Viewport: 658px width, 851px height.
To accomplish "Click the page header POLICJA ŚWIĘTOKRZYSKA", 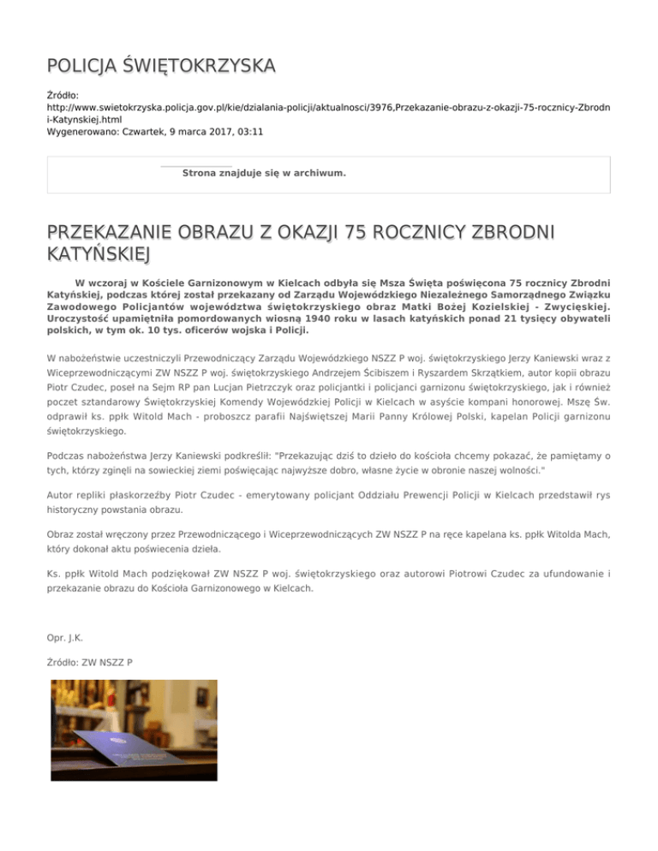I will [161, 65].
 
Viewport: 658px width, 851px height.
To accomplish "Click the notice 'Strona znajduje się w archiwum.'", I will [264, 173].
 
